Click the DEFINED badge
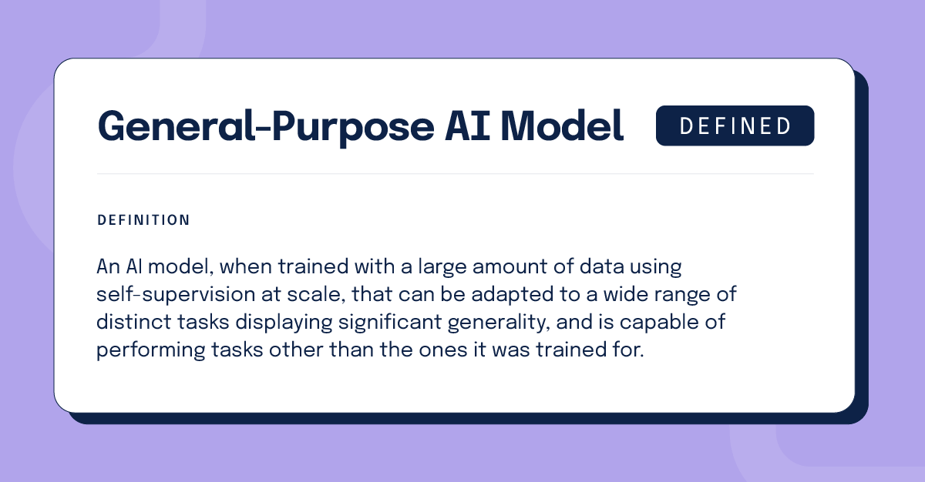pos(735,126)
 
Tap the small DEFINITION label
pos(143,220)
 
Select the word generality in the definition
pos(499,323)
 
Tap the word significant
pos(390,323)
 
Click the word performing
pos(151,350)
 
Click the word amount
pos(510,267)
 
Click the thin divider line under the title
pos(455,174)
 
